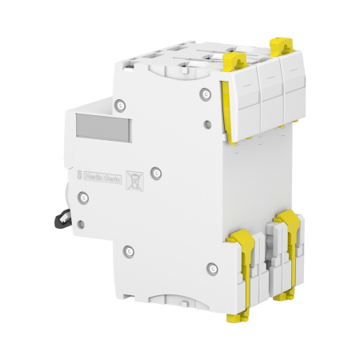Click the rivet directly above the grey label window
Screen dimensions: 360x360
pyautogui.click(x=118, y=103)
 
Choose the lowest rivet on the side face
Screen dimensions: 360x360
pyautogui.click(x=211, y=267)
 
